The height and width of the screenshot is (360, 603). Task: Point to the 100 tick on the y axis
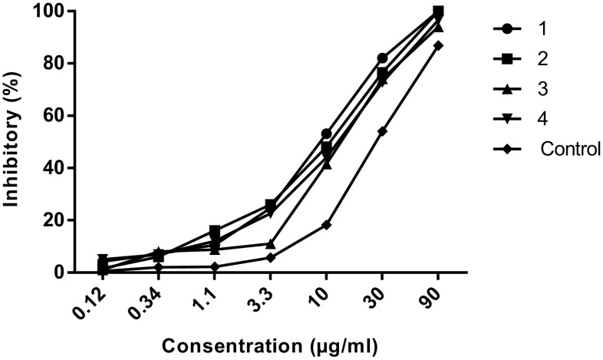(64, 12)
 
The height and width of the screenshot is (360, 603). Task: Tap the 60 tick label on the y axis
(68, 116)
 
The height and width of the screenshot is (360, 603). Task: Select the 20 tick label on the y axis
(68, 220)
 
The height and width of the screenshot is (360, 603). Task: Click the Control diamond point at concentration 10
(326, 225)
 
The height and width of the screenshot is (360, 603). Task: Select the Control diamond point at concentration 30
(382, 131)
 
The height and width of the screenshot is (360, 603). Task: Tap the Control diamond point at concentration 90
(438, 45)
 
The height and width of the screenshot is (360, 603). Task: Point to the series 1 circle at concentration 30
(382, 58)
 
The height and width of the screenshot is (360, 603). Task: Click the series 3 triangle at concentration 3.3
(270, 244)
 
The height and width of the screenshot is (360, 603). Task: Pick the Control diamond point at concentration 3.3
(270, 257)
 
